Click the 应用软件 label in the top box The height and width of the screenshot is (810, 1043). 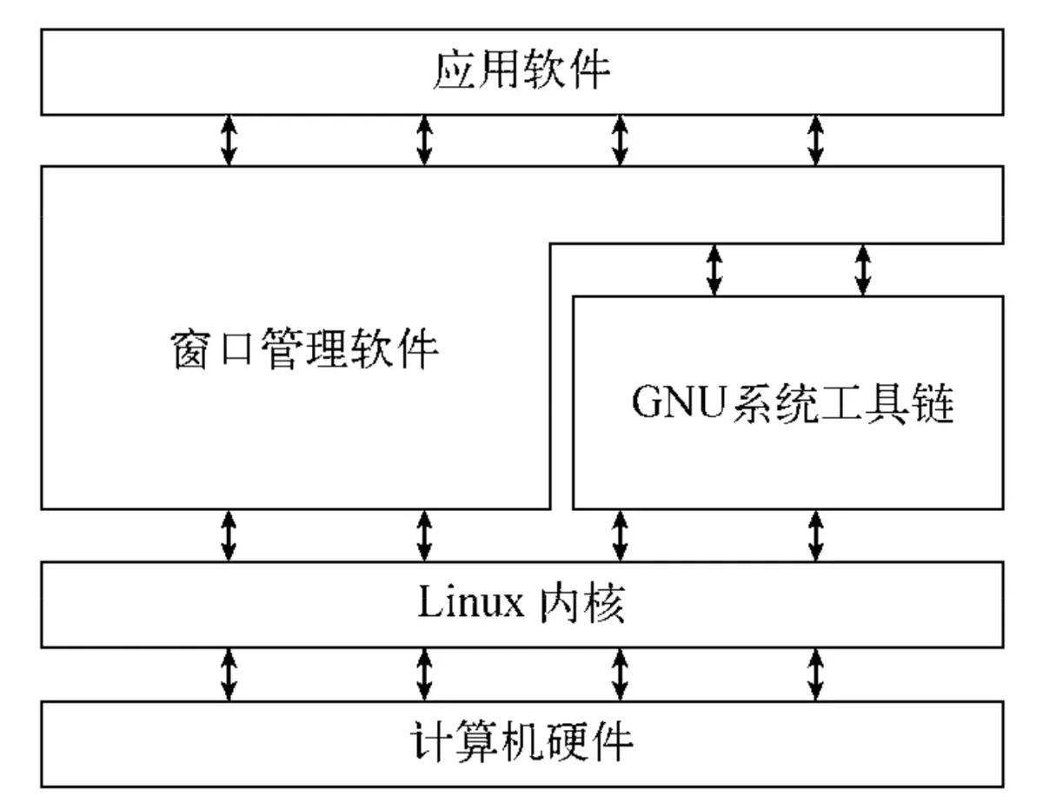click(x=521, y=71)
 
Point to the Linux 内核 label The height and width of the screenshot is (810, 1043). click(x=521, y=605)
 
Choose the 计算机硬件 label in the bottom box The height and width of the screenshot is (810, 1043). click(x=521, y=744)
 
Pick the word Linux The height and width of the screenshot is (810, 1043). click(x=470, y=605)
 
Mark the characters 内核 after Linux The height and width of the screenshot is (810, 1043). click(x=581, y=605)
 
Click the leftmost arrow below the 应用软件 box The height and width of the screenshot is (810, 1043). click(x=229, y=140)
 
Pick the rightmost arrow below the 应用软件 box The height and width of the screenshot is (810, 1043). click(x=815, y=140)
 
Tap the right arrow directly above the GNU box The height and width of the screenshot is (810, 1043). click(x=862, y=269)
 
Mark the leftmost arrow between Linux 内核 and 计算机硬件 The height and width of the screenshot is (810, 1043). click(x=229, y=674)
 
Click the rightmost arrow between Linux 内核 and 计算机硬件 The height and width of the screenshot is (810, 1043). click(x=815, y=674)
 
